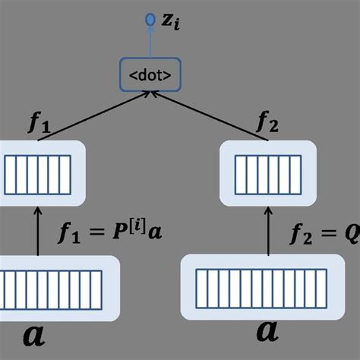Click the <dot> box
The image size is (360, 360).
(150, 74)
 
